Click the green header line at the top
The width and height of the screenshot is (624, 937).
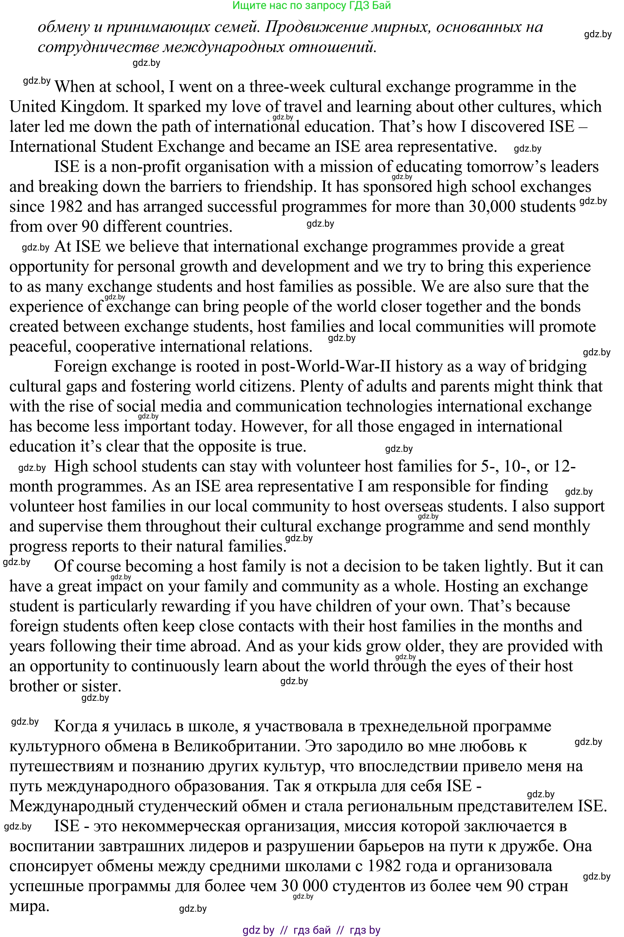(x=311, y=6)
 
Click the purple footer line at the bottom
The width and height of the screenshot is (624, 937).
(x=311, y=930)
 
